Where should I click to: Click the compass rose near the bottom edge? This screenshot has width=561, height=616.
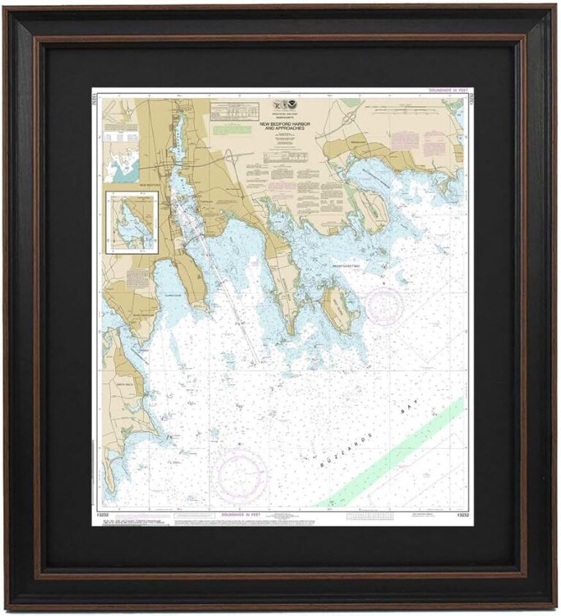point(240,474)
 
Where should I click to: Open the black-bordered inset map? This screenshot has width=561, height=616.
point(131,222)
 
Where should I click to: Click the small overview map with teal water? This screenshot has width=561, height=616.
point(121,161)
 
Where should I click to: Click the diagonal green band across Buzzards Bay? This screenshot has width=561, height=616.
point(394,452)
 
